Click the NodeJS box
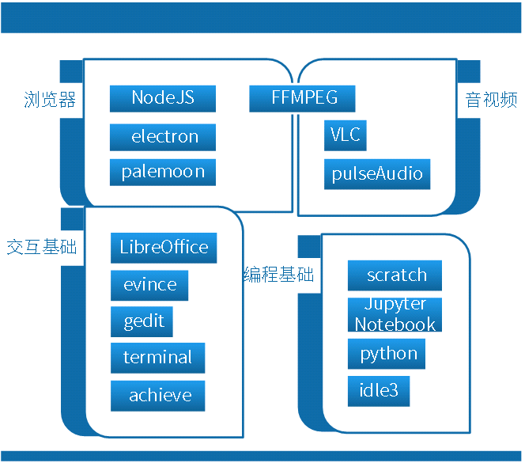click(163, 98)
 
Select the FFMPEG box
click(302, 98)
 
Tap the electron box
click(163, 137)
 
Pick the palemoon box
click(163, 172)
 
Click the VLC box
click(345, 135)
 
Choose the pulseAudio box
click(377, 173)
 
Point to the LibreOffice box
click(164, 247)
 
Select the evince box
click(149, 285)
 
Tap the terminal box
click(157, 358)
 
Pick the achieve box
click(157, 396)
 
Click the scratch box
click(395, 275)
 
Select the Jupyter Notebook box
click(395, 314)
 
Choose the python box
click(387, 354)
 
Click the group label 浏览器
click(50, 101)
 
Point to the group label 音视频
click(491, 101)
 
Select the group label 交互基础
click(41, 247)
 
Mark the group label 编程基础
click(278, 275)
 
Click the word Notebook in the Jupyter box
click(395, 324)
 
